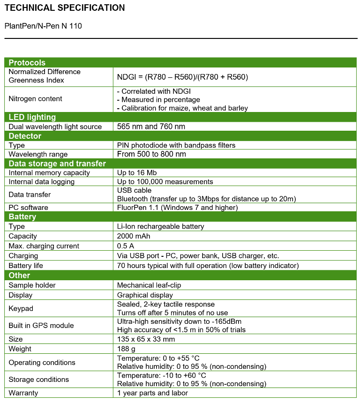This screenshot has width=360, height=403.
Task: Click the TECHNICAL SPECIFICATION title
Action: click(x=65, y=8)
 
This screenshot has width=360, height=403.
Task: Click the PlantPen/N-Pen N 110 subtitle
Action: click(x=43, y=26)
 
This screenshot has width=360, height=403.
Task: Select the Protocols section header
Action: click(x=27, y=63)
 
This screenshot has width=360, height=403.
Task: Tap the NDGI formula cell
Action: click(x=182, y=77)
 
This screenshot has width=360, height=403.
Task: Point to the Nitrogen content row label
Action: click(x=36, y=99)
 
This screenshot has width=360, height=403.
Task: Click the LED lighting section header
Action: click(x=32, y=117)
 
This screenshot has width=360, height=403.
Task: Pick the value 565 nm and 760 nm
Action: click(x=151, y=127)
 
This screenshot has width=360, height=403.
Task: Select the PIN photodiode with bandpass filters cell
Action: click(x=176, y=145)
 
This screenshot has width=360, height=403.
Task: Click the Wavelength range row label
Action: click(x=38, y=154)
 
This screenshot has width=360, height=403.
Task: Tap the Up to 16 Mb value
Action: click(x=137, y=173)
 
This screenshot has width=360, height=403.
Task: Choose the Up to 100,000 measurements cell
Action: click(x=165, y=182)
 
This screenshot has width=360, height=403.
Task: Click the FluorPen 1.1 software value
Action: click(x=177, y=208)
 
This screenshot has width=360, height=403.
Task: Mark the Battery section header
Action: click(x=22, y=217)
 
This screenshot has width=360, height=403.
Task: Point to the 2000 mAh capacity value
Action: click(x=134, y=236)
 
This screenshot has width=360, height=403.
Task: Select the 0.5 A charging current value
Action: click(x=126, y=246)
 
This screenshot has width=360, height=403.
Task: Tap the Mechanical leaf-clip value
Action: click(x=149, y=285)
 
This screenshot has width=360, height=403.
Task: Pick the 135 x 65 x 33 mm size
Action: click(x=146, y=339)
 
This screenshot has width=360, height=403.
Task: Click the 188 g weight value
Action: click(x=127, y=349)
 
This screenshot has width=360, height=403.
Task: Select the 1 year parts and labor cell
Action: click(x=152, y=393)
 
